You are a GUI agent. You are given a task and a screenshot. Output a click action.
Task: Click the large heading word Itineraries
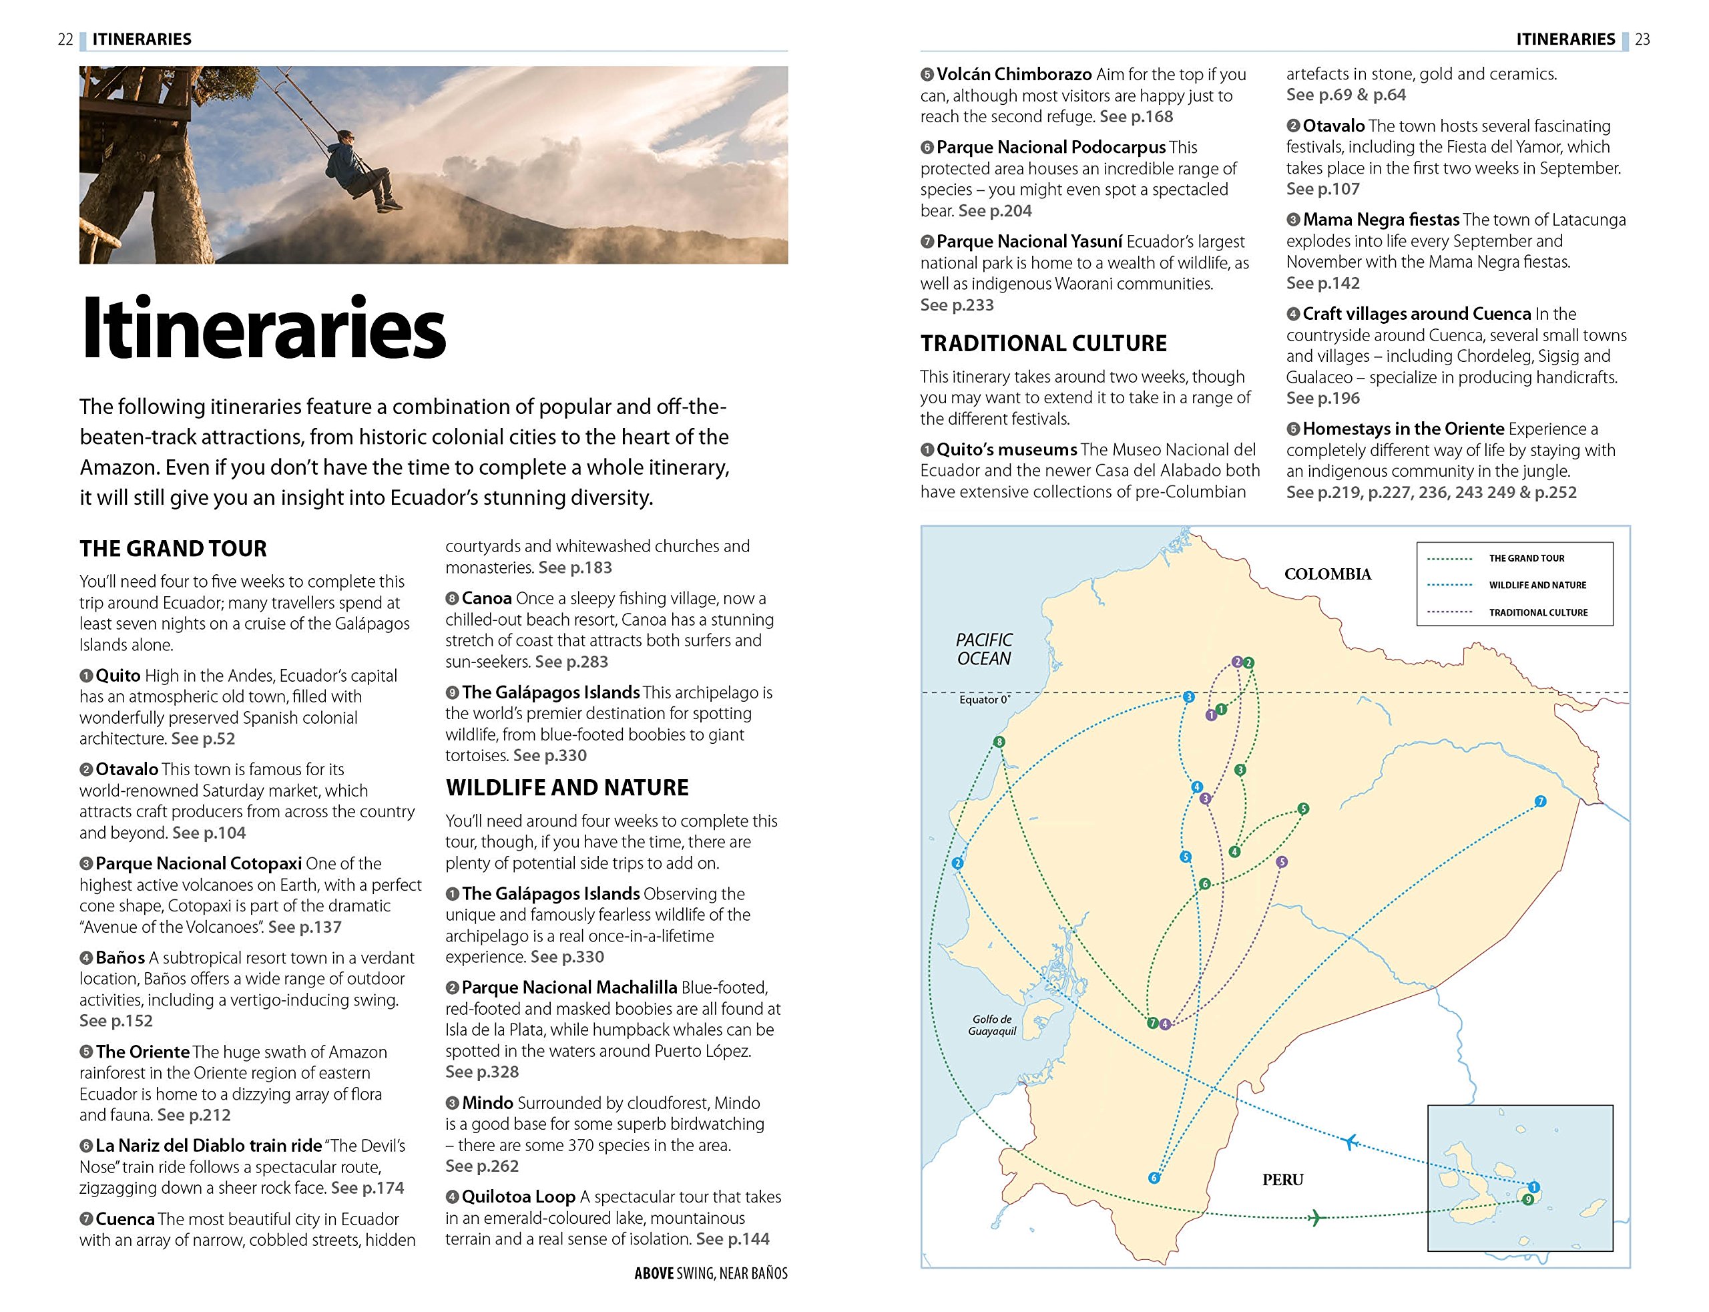click(264, 328)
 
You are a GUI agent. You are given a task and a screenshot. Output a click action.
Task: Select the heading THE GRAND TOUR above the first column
click(174, 549)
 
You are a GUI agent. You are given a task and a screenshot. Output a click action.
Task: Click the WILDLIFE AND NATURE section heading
click(567, 787)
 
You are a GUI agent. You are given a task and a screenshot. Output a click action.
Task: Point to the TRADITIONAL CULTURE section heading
click(1043, 344)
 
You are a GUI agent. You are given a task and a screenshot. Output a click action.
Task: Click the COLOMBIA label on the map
click(1327, 574)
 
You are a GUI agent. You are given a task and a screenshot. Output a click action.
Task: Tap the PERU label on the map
click(1282, 1179)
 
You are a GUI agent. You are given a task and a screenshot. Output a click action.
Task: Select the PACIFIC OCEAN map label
click(984, 649)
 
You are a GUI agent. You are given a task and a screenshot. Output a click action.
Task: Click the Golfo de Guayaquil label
click(992, 1026)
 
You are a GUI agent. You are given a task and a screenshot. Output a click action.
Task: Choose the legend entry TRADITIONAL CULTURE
click(1537, 612)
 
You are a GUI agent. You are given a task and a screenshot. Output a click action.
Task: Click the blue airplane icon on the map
click(1350, 1142)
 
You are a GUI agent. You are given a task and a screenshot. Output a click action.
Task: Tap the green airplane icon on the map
click(1316, 1217)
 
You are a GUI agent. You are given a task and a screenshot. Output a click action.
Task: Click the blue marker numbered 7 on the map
click(1539, 801)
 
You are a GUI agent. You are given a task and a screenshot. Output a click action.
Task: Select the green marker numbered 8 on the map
click(999, 742)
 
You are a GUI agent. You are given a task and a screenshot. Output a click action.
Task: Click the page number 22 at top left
click(65, 39)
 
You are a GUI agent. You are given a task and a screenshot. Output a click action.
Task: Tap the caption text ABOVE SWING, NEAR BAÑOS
click(710, 1273)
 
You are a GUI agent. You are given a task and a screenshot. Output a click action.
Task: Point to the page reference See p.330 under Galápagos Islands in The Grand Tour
click(549, 755)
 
